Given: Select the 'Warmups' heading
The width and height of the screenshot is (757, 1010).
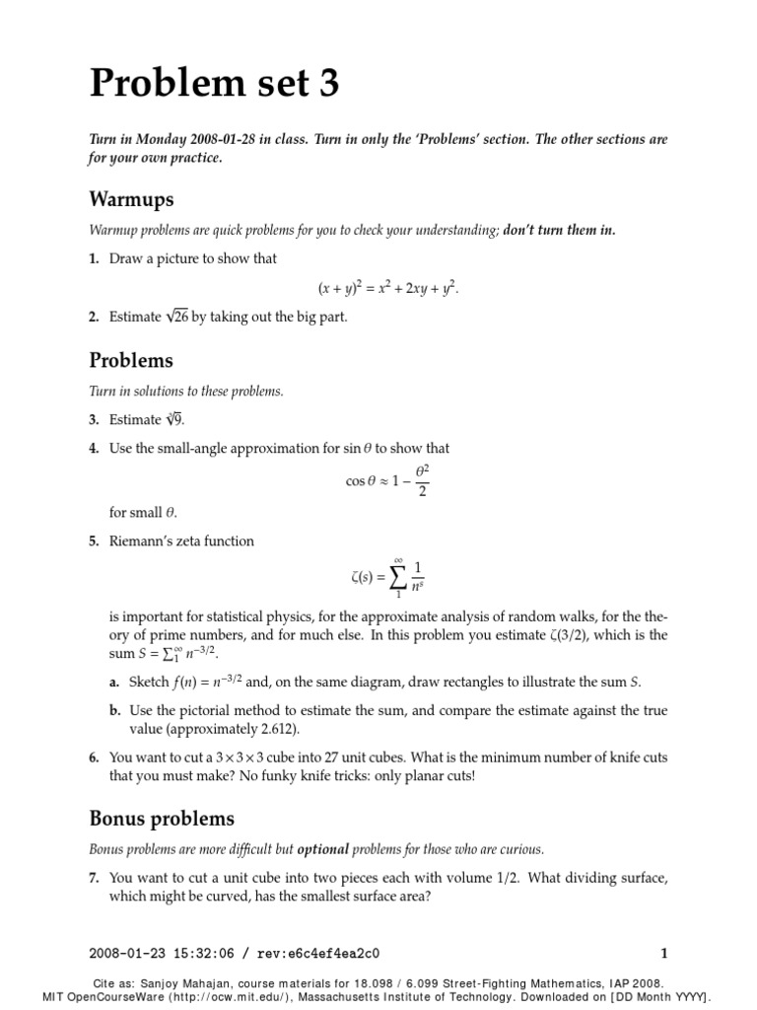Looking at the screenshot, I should tap(131, 200).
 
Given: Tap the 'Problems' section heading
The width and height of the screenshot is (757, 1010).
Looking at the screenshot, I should tap(131, 360).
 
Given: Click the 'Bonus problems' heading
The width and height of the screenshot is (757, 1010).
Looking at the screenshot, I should tap(162, 819).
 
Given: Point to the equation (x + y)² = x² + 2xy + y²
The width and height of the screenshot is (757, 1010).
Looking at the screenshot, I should tap(388, 288).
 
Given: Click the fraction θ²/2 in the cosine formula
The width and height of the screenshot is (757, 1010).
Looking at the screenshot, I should tap(422, 480).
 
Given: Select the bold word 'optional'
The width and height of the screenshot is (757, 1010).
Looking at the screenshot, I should tap(324, 849).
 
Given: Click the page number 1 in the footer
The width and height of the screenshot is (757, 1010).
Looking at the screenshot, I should tap(664, 954).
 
